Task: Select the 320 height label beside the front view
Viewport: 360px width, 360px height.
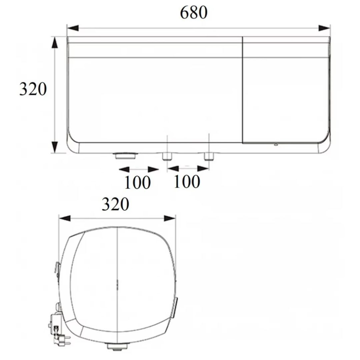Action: tap(33, 89)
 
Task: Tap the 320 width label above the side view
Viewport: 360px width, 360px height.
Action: tap(115, 204)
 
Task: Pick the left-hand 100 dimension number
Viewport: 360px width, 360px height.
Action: tap(138, 182)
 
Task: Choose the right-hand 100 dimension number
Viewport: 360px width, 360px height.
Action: tap(187, 182)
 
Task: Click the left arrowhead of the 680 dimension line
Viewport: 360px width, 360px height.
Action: tap(73, 28)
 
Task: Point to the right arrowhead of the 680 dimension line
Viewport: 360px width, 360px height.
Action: tap(324, 28)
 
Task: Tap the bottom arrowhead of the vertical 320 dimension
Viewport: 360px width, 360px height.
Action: tap(54, 147)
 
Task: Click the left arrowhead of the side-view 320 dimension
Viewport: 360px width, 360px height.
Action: tap(65, 218)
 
